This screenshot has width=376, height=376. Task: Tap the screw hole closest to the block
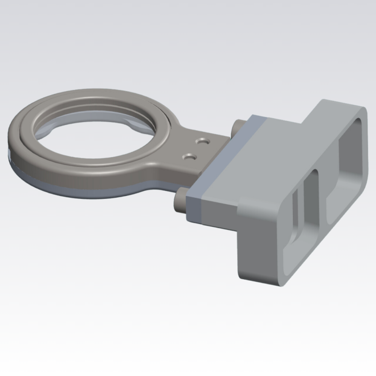click(x=203, y=141)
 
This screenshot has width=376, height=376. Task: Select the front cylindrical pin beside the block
click(x=181, y=201)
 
